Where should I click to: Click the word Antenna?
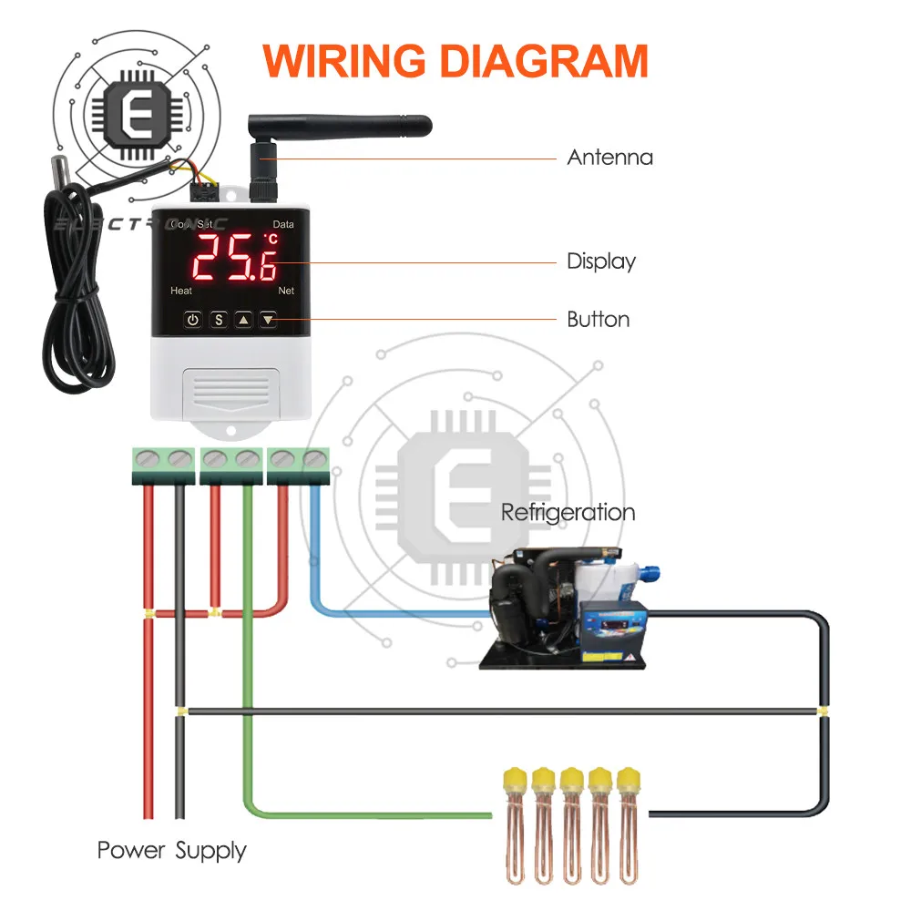click(609, 157)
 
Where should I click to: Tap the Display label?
click(601, 261)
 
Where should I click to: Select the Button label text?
click(598, 320)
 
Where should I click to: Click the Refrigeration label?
click(568, 512)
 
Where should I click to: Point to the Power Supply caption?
click(171, 851)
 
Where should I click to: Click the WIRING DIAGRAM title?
click(455, 60)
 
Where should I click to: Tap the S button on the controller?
click(219, 320)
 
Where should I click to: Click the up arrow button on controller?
click(243, 320)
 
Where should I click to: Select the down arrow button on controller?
click(268, 320)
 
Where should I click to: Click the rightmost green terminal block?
click(299, 464)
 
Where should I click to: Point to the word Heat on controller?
click(181, 291)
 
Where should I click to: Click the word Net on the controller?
click(286, 291)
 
